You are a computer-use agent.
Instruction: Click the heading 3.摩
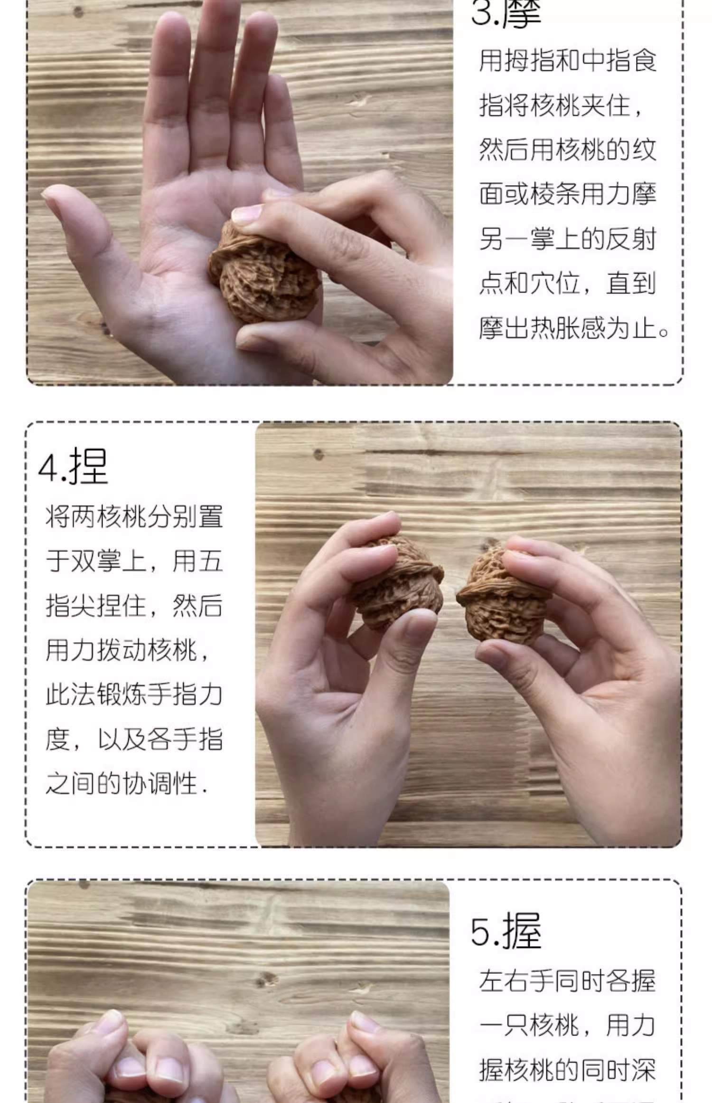(x=506, y=13)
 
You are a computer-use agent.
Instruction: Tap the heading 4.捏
(x=73, y=466)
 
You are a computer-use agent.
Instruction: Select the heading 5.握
(x=506, y=930)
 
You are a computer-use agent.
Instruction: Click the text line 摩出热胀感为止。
(x=573, y=328)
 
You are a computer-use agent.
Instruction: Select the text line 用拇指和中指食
(x=568, y=61)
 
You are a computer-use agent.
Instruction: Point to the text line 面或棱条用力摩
(x=568, y=194)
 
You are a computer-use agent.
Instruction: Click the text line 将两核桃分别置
(x=134, y=517)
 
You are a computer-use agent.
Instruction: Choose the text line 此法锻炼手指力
(x=134, y=695)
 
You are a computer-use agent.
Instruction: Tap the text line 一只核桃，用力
(x=568, y=1026)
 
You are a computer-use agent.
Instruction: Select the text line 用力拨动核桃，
(x=128, y=650)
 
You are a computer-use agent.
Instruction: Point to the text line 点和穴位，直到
(x=568, y=284)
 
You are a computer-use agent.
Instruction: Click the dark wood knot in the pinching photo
(x=319, y=455)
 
